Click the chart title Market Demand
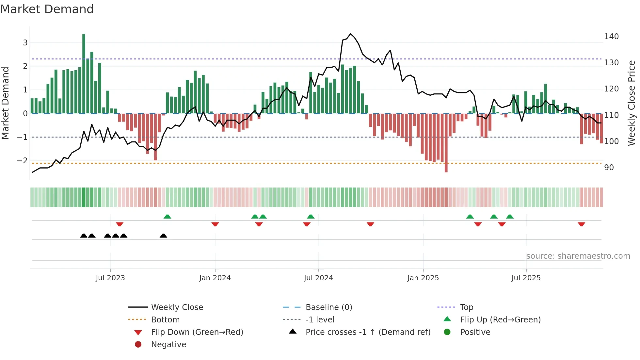pos(47,9)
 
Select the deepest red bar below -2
pos(446,144)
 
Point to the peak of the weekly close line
pos(351,34)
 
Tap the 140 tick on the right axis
pos(611,37)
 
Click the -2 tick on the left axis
pos(23,161)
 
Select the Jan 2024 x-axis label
pos(215,278)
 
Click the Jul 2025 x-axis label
pos(526,278)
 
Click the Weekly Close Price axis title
pos(632,103)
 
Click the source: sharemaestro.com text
pos(578,256)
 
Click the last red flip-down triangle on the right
pos(581,224)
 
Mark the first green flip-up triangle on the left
pos(167,217)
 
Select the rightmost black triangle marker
pos(163,236)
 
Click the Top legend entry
pos(466,307)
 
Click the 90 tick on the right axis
pos(609,168)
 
